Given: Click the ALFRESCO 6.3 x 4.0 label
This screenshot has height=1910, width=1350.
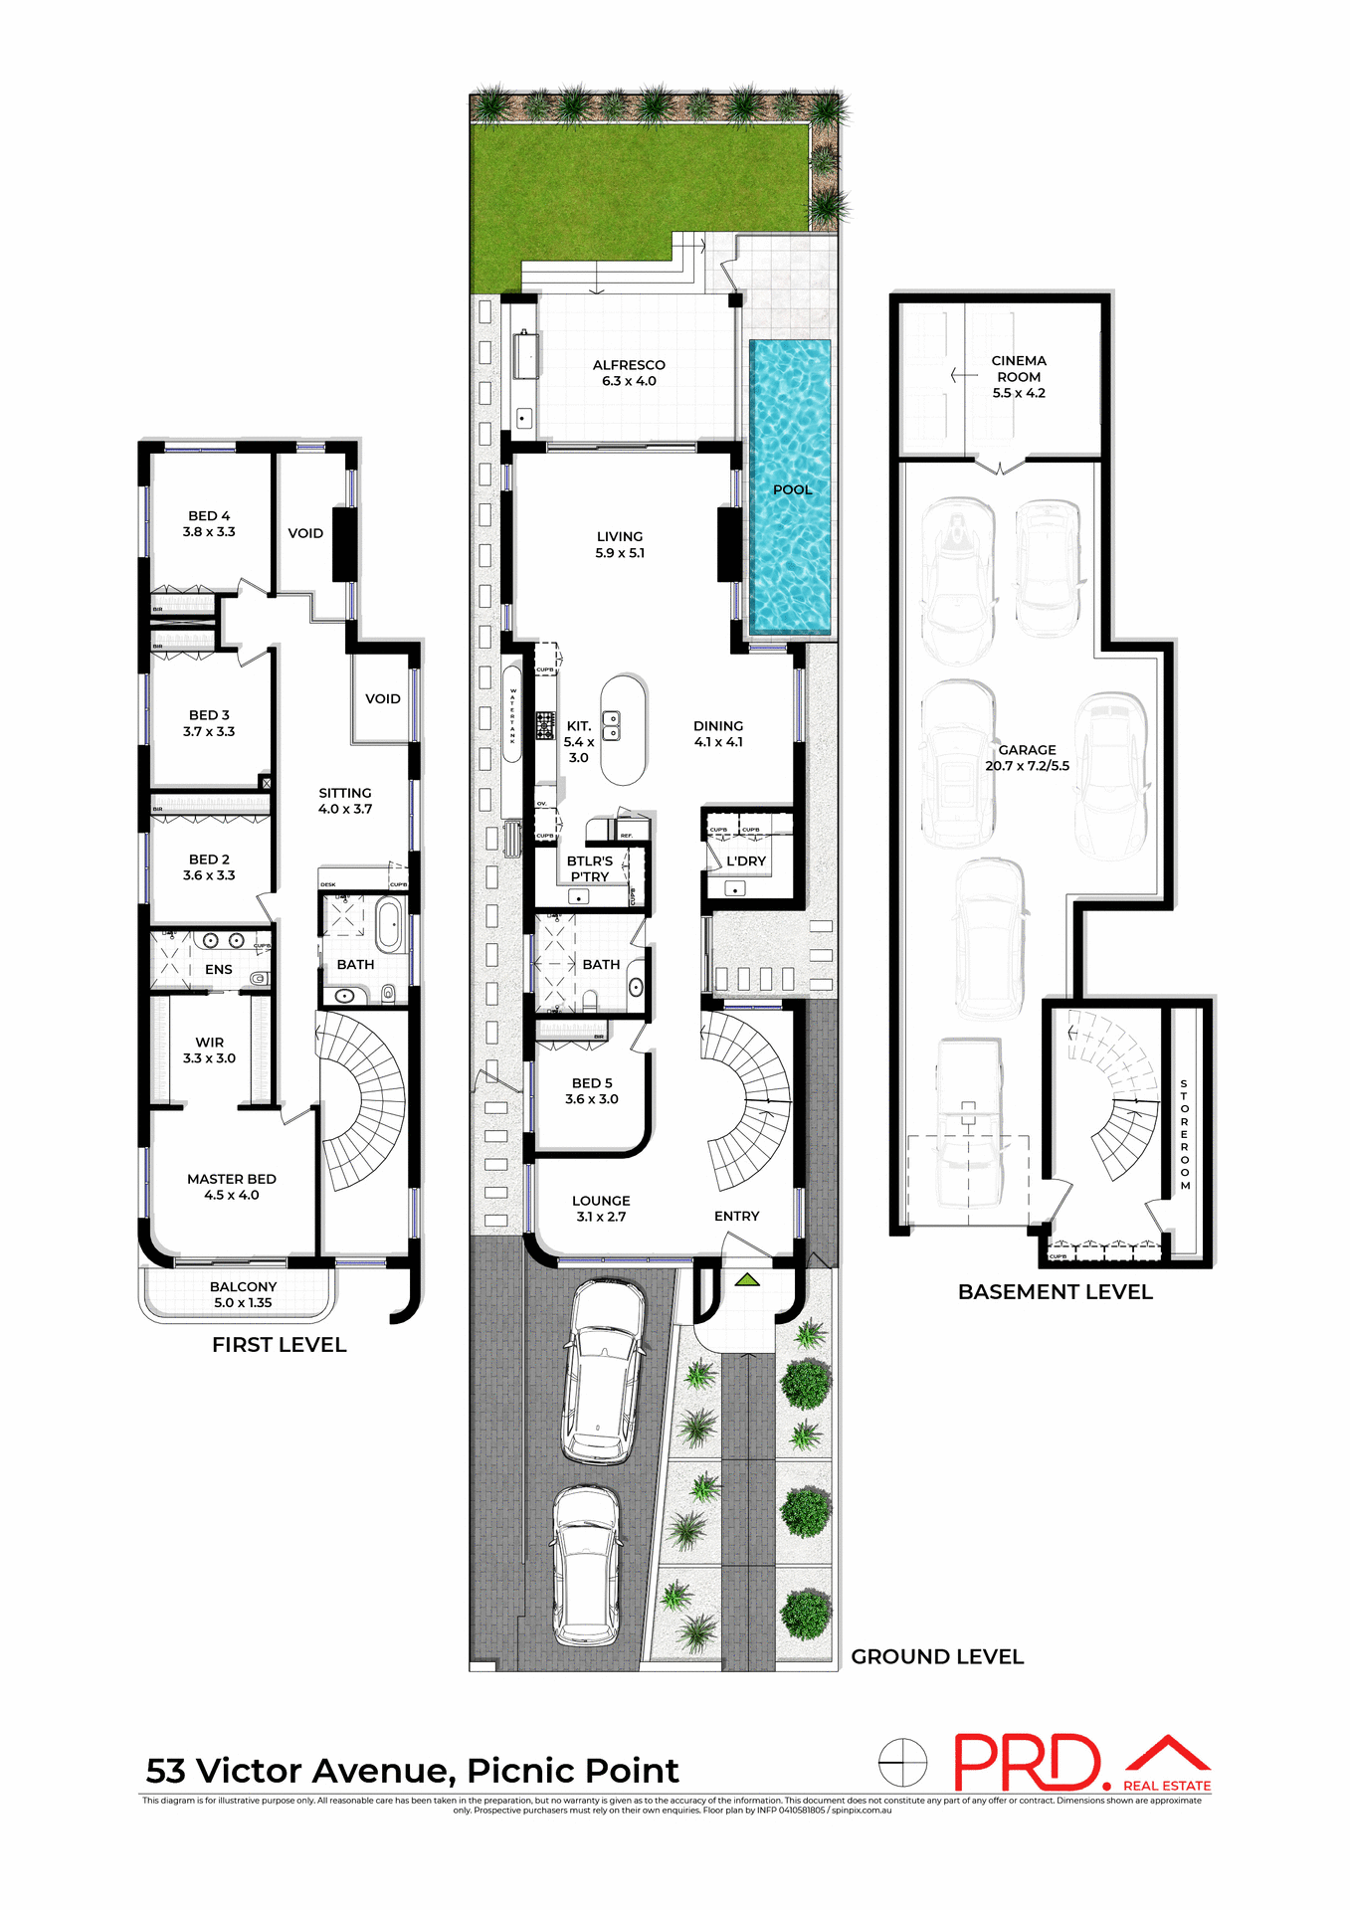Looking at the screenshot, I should tap(629, 373).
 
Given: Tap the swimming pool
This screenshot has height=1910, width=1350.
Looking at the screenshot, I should tap(790, 517).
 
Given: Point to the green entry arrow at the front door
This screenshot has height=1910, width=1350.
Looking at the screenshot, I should tap(747, 1280).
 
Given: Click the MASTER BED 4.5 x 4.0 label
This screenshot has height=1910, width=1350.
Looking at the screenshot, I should tap(232, 1187).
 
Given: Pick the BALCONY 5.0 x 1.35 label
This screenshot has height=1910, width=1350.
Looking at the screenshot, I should tap(243, 1294).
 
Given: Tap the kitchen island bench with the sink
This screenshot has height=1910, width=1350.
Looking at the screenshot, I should tap(624, 729).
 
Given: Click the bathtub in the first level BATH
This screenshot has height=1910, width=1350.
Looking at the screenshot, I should tap(389, 925).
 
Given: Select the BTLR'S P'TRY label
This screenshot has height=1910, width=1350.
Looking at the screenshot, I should tap(590, 868).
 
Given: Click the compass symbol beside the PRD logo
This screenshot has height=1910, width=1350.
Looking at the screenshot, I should tap(902, 1763).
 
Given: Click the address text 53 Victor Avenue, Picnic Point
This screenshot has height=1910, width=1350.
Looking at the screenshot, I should tap(412, 1771).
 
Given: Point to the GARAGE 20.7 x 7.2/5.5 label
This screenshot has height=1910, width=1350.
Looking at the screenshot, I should tap(1028, 758).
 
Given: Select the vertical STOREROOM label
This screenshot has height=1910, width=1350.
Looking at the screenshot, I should tap(1184, 1134).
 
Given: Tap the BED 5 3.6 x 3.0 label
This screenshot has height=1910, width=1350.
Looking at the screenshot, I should tap(592, 1091).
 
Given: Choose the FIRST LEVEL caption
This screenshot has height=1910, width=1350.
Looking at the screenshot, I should tap(280, 1345).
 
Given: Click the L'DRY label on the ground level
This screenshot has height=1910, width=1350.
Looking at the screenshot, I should tap(746, 861).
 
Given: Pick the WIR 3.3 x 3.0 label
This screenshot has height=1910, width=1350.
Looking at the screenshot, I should tap(210, 1050).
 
